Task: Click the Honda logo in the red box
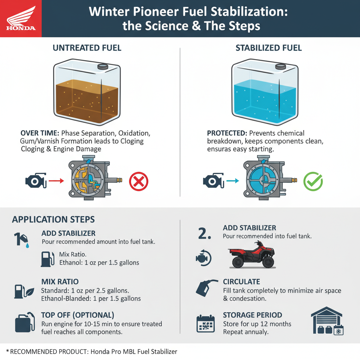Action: point(21,18)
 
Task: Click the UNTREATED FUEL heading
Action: point(87,48)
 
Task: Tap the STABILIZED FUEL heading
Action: point(269,48)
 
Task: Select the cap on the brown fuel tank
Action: point(102,66)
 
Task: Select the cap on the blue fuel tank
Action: point(281,66)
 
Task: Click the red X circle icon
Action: point(139,181)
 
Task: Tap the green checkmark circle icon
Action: point(313,181)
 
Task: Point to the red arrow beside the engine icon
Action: point(56,181)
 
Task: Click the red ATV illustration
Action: point(252,255)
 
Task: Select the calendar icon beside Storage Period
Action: point(205,324)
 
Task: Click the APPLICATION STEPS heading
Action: point(53,220)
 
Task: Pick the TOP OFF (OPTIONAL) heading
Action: point(77,315)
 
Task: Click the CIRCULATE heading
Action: point(242,282)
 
